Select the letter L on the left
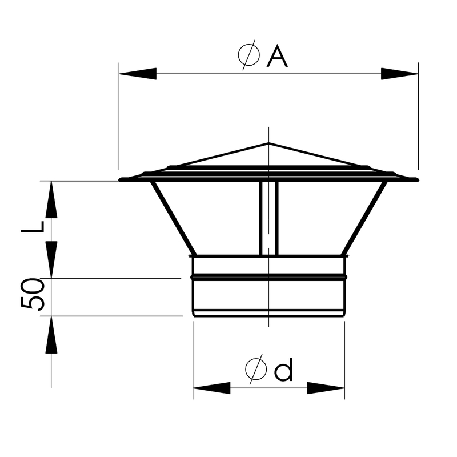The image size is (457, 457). tap(33, 226)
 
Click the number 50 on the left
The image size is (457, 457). tap(33, 295)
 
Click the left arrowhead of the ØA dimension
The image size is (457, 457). tap(137, 74)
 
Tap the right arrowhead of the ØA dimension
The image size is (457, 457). tap(400, 74)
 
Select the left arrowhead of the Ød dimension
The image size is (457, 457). tap(211, 388)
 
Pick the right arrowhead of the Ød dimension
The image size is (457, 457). tap(326, 388)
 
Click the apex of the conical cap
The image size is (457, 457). tap(268, 143)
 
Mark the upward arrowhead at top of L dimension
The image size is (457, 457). tap(51, 200)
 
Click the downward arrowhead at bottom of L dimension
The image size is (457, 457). tap(51, 260)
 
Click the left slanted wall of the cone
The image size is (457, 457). tap(174, 218)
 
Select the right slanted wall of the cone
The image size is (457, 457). tap(364, 218)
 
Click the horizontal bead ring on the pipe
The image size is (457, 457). tap(268, 277)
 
